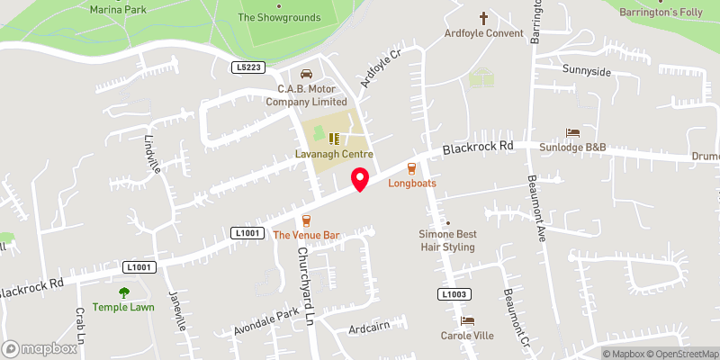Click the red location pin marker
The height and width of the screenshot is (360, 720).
tap(360, 179)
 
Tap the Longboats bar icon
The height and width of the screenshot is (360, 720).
tap(412, 167)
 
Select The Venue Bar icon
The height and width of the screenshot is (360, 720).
tap(306, 220)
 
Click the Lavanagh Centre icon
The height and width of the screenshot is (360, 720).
tap(334, 139)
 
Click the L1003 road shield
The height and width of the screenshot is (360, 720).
tap(454, 294)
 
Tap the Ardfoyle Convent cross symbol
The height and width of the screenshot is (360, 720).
tap(483, 18)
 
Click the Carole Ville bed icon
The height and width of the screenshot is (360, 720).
tap(466, 320)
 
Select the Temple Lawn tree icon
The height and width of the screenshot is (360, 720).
tap(123, 292)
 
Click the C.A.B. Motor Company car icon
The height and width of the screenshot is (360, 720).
tap(305, 74)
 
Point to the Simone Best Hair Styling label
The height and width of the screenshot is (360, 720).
tap(447, 240)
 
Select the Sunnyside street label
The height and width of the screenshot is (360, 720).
tap(587, 71)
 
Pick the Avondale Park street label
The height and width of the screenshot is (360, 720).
tap(265, 323)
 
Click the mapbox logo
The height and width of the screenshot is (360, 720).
tap(40, 348)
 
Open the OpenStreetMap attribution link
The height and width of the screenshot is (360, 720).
tap(680, 354)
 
